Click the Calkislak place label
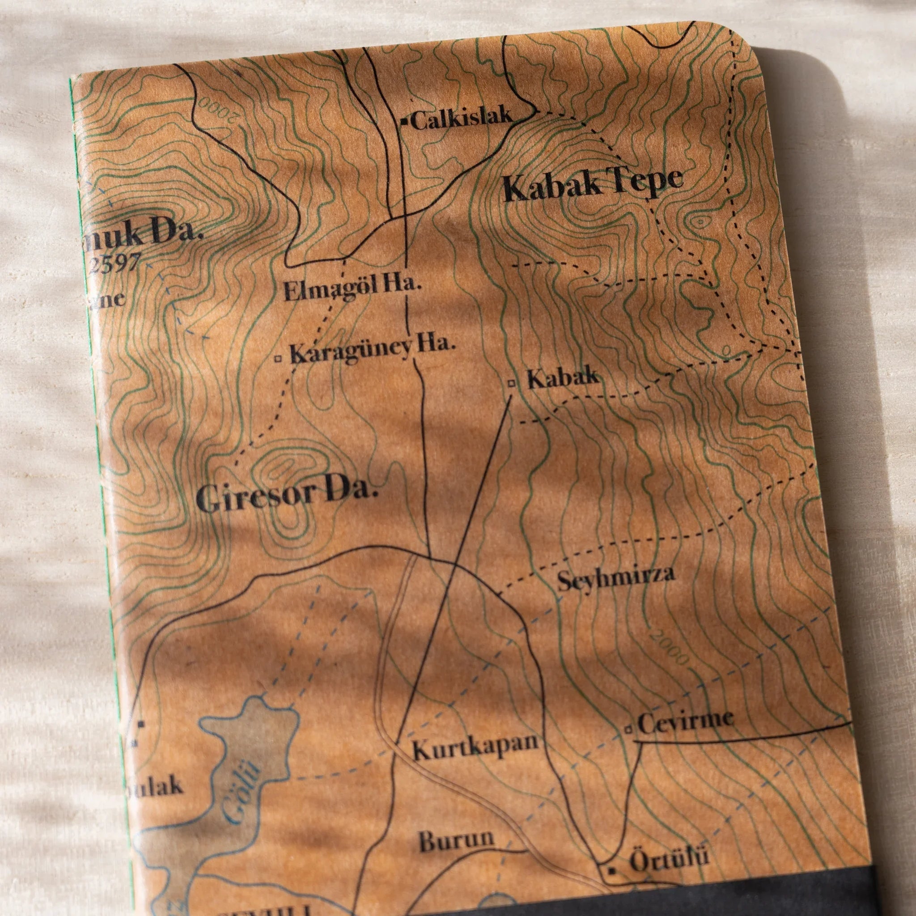(461, 119)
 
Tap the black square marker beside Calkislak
(404, 121)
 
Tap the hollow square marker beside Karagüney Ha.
(278, 358)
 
